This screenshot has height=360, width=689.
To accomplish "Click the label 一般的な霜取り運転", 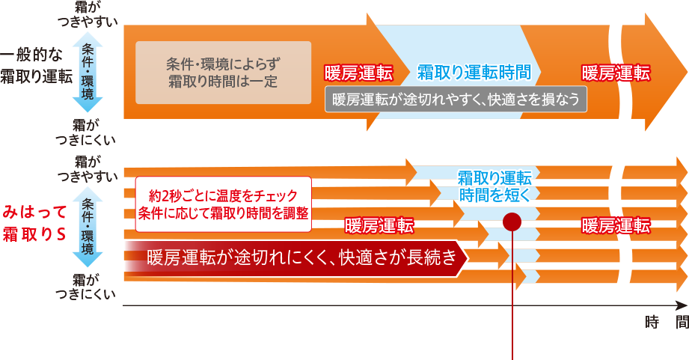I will click(36, 66).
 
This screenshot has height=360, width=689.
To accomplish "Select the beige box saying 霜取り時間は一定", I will click(223, 73).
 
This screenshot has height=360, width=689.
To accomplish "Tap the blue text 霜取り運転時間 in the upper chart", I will click(474, 73).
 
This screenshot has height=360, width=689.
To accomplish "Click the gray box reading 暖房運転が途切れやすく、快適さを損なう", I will click(456, 100).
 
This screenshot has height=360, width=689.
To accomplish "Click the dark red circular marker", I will click(512, 222).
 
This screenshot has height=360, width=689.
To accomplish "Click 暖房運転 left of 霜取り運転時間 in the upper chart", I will click(358, 73).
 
